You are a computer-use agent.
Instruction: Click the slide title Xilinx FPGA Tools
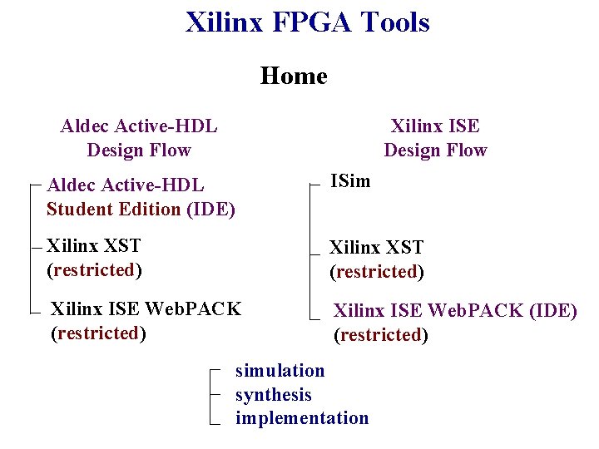point(307,22)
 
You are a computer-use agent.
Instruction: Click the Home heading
point(294,76)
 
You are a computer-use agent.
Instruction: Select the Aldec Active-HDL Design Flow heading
point(139,138)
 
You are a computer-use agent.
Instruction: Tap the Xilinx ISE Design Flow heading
point(435,138)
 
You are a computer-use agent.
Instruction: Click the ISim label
point(350,180)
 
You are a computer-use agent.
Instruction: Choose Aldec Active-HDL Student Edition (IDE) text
point(141,197)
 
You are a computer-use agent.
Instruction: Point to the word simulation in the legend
point(280,370)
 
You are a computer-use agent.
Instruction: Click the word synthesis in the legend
point(273,394)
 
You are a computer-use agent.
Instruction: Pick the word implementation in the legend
point(301,417)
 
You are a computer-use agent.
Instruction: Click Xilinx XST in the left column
point(94,245)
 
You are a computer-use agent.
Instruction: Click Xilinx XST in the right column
point(376,247)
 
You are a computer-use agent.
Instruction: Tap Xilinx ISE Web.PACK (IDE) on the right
point(455,311)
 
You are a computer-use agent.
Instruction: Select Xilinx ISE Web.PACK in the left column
point(146,309)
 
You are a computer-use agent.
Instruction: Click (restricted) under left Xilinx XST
point(94,269)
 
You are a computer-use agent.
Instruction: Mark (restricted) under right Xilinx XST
point(376,271)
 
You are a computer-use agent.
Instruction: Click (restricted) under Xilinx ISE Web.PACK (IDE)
point(381,334)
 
